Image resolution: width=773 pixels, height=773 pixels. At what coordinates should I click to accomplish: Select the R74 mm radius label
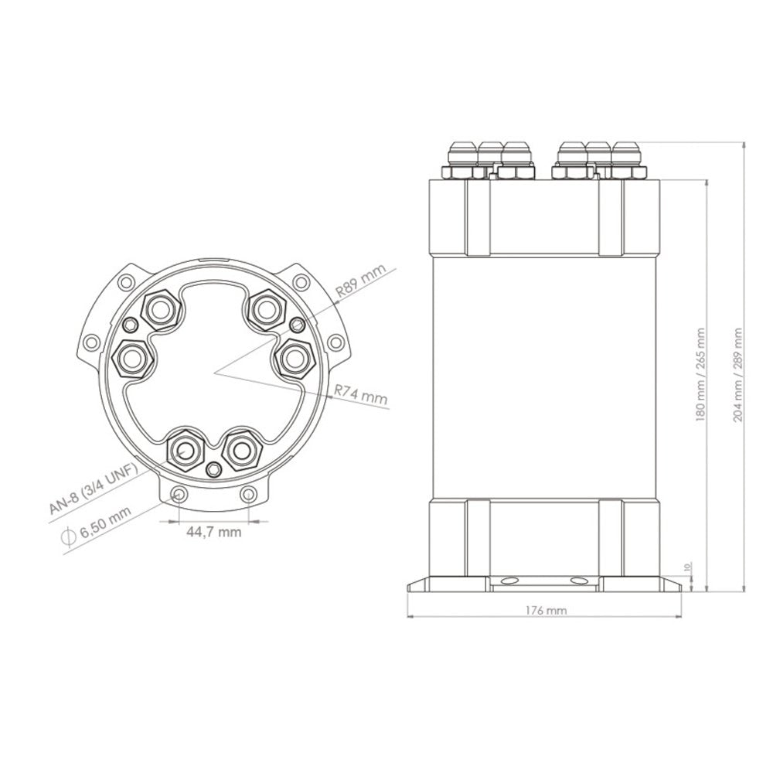361,396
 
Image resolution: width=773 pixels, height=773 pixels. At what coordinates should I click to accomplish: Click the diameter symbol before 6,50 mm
67,535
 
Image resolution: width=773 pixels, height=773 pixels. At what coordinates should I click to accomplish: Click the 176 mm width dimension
546,610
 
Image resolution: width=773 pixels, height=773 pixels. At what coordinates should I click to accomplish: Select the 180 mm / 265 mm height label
700,373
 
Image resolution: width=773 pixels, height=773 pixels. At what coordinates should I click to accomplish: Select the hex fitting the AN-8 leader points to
187,448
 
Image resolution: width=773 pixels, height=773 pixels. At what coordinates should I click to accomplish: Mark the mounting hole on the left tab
93,341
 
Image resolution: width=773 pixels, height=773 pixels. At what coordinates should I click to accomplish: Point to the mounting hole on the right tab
335,341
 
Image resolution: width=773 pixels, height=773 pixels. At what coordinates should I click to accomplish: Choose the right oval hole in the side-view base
578,580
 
